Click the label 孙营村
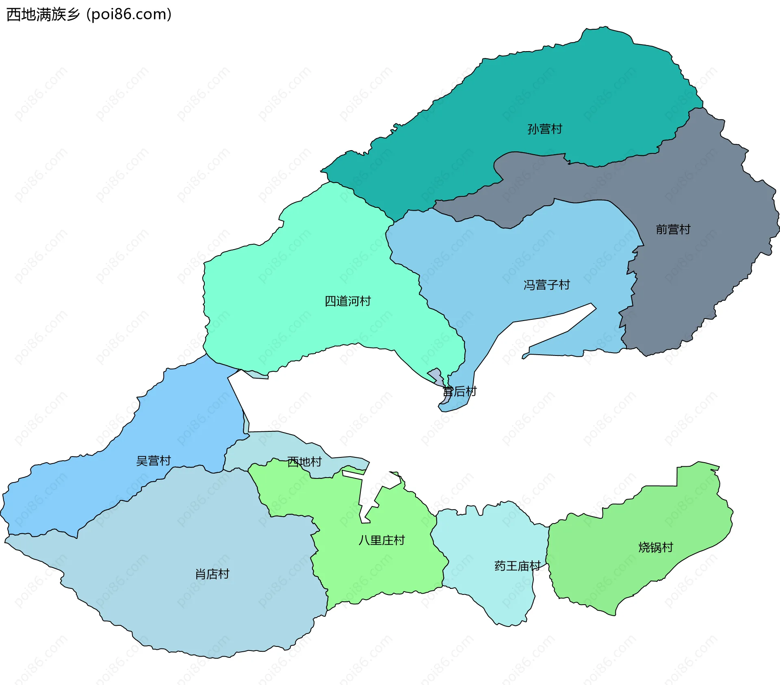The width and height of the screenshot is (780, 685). (x=544, y=129)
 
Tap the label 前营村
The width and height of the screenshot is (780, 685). (x=673, y=230)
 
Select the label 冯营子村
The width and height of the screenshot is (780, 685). (x=546, y=285)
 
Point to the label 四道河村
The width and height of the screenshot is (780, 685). (x=347, y=301)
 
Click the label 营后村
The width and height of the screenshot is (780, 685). (x=459, y=392)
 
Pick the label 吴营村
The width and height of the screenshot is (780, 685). (x=153, y=461)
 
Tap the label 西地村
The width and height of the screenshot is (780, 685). (x=304, y=462)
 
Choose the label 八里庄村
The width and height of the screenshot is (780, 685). (x=381, y=540)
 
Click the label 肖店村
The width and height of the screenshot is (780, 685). (x=212, y=574)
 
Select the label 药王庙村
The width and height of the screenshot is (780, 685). (x=517, y=566)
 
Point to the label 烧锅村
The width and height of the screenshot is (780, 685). (x=655, y=547)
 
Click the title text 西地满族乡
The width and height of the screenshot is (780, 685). (x=43, y=15)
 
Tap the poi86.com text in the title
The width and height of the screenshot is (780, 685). (x=129, y=15)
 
